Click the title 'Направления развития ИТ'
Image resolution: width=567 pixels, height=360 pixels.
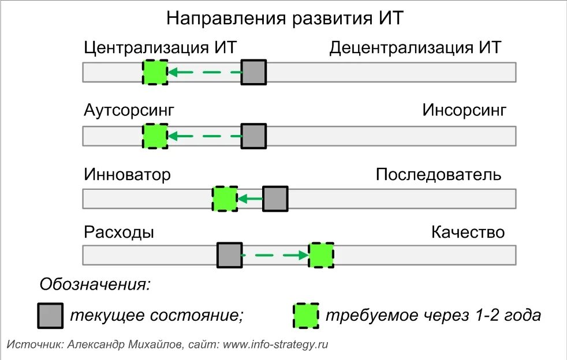[x=283, y=18]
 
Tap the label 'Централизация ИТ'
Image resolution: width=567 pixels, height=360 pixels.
[x=160, y=47]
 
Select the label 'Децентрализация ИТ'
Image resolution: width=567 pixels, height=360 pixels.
[x=415, y=47]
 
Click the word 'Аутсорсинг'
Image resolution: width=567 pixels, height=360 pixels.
[x=129, y=110]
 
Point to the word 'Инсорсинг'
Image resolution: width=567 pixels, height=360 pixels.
[x=464, y=110]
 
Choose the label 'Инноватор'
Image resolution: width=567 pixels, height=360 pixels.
[x=127, y=174]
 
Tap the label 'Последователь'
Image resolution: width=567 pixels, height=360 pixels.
[x=439, y=174]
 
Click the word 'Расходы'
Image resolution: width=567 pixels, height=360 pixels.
[x=119, y=232]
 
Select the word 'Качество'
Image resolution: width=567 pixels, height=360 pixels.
[x=468, y=232]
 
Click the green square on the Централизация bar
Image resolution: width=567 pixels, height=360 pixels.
[x=155, y=73]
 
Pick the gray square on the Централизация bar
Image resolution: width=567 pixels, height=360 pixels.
[x=253, y=73]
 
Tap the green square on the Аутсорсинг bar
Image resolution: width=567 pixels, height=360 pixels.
[x=155, y=137]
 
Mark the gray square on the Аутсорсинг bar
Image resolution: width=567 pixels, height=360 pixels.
[x=253, y=137]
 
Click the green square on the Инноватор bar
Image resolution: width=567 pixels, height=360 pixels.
[x=225, y=198]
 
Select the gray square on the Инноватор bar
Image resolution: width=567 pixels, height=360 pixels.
[x=275, y=198]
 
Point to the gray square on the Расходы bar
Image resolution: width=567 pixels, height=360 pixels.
[x=229, y=255]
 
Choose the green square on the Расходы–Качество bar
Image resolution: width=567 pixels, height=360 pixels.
[x=321, y=255]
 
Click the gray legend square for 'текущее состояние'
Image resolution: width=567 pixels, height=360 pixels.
[x=50, y=316]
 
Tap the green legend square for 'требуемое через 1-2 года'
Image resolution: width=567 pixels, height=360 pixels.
[x=305, y=316]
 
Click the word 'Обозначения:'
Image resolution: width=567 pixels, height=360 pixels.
[x=95, y=284]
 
